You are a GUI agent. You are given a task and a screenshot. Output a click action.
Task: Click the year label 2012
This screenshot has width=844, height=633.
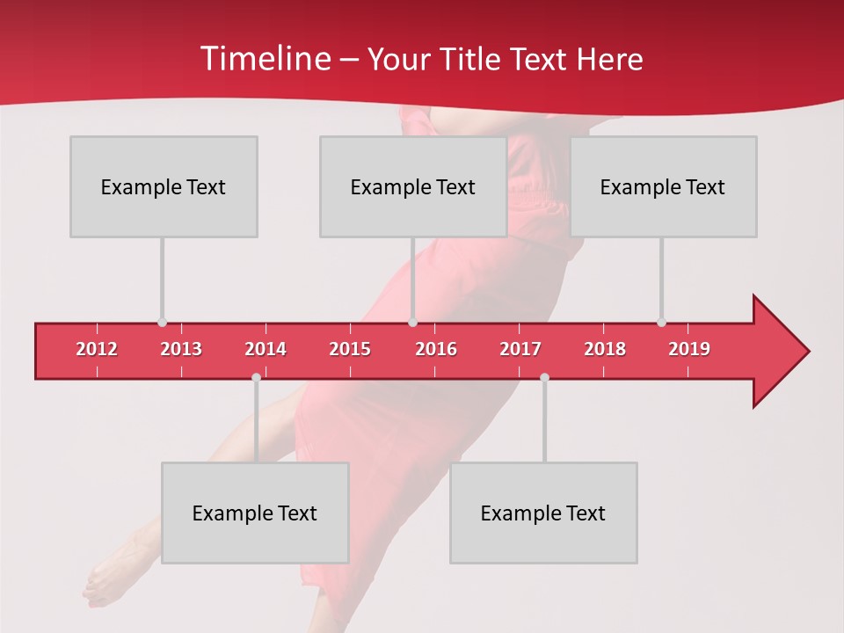[x=97, y=349]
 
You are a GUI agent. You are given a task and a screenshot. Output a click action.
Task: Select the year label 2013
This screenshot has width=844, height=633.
[x=181, y=349]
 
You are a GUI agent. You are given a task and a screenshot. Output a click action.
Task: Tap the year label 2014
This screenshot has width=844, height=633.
[x=266, y=349]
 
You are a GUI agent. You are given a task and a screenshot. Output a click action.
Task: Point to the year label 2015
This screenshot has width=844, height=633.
[x=350, y=349]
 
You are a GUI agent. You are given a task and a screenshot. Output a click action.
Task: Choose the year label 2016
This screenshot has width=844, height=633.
[x=436, y=349]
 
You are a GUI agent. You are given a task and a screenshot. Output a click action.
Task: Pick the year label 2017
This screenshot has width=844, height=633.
[x=520, y=349]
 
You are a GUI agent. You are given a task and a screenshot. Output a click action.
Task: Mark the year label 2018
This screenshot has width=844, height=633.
[x=605, y=349]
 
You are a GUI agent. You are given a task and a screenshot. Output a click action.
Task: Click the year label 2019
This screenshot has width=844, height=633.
[x=689, y=349]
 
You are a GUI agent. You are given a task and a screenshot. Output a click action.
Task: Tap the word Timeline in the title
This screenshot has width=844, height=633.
[x=264, y=59]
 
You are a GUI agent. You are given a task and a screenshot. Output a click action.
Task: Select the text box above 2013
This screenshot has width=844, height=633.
[x=164, y=186]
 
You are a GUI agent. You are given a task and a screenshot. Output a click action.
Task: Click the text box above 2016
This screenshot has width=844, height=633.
[x=413, y=186]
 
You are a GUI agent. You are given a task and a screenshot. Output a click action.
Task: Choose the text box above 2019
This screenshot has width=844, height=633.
[x=663, y=186]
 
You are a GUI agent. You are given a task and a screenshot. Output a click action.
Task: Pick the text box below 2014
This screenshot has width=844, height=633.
[x=255, y=513]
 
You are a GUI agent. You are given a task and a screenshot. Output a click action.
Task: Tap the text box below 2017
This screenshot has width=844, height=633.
[x=543, y=513]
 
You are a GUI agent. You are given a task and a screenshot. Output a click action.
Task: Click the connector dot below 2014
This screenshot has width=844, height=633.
[x=256, y=377]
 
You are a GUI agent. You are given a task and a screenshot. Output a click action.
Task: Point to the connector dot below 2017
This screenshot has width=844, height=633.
[x=544, y=377]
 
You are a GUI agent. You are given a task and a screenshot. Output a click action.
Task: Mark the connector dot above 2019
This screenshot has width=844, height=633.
[x=661, y=323]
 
